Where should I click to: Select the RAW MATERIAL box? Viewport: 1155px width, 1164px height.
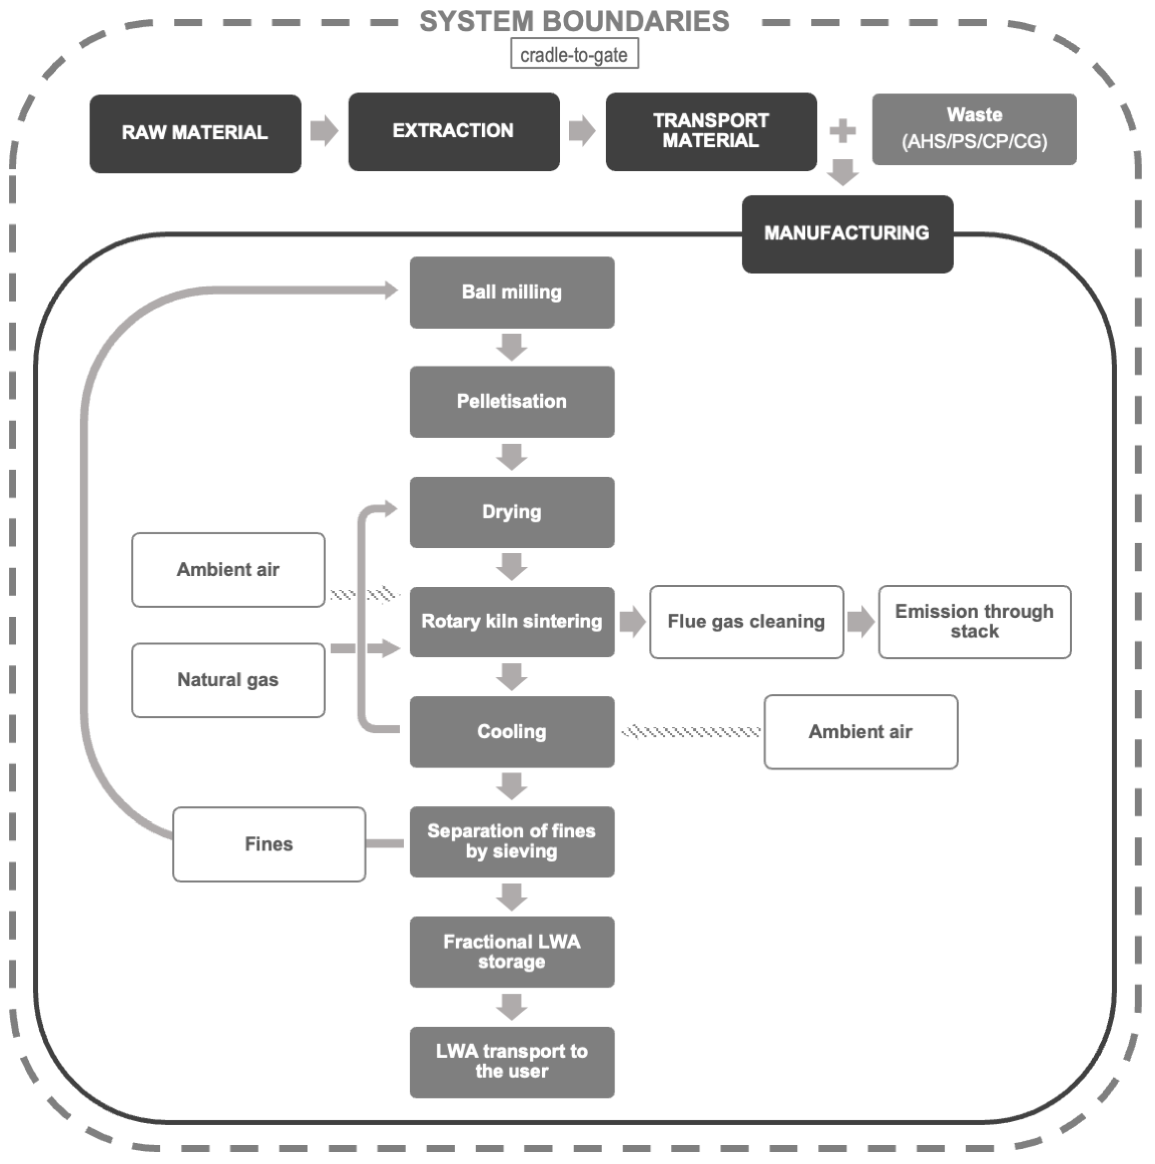coord(195,133)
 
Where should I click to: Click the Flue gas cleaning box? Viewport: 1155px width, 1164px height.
coord(746,622)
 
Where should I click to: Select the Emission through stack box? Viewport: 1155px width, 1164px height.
coord(974,622)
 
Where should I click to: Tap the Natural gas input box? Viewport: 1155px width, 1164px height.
coord(228,680)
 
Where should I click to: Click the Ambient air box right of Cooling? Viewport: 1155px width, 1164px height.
coord(860,732)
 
